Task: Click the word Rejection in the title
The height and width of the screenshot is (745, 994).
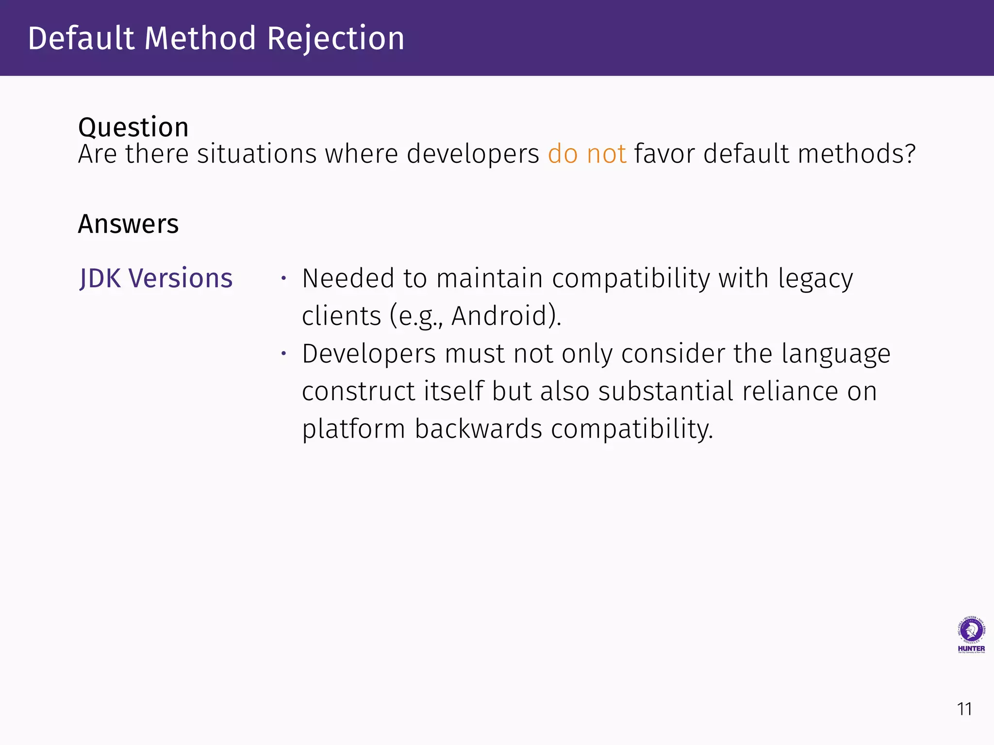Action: click(335, 39)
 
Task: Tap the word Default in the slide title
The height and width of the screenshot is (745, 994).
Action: click(81, 39)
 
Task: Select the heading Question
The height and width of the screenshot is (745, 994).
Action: click(133, 128)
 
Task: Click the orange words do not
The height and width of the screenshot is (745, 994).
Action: click(587, 154)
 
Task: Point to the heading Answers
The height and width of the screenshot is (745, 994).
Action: click(128, 224)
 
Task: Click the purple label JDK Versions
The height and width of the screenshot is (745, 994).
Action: click(156, 278)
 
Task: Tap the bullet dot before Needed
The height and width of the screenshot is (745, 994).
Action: click(284, 278)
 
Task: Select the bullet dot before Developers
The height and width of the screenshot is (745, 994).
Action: click(284, 354)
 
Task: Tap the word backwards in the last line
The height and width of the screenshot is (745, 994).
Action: click(478, 429)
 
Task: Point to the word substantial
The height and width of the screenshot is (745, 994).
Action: click(665, 391)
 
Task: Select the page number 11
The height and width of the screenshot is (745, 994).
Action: click(964, 709)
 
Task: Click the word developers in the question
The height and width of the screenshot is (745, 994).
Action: click(473, 154)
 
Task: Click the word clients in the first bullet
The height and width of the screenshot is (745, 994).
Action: click(341, 316)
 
